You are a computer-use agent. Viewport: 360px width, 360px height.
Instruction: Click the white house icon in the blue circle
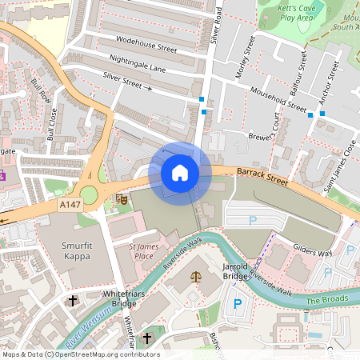180,172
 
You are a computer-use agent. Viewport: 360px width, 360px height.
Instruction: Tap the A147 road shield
70,205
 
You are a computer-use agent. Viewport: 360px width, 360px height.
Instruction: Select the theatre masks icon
122,197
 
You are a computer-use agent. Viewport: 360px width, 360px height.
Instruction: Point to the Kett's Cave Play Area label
284,11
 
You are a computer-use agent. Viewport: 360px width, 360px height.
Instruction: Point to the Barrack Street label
262,176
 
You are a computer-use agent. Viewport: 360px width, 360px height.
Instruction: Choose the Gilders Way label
312,250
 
